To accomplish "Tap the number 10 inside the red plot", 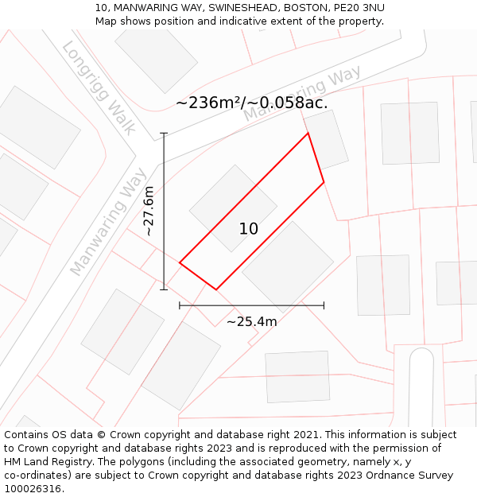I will coord(249,229).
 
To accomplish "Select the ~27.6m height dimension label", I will coord(149,211).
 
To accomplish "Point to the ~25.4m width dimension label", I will coord(252,321).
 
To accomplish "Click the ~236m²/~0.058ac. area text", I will coord(252,103).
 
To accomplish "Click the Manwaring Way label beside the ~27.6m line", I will coord(109,221).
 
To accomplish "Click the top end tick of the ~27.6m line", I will coord(164,133).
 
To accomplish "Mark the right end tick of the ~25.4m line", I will coord(324,305).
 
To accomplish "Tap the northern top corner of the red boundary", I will coord(308,133).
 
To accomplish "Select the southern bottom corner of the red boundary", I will coord(216,289).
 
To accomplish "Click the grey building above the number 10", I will coord(233,208).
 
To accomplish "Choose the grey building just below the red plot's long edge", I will coord(288,266).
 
